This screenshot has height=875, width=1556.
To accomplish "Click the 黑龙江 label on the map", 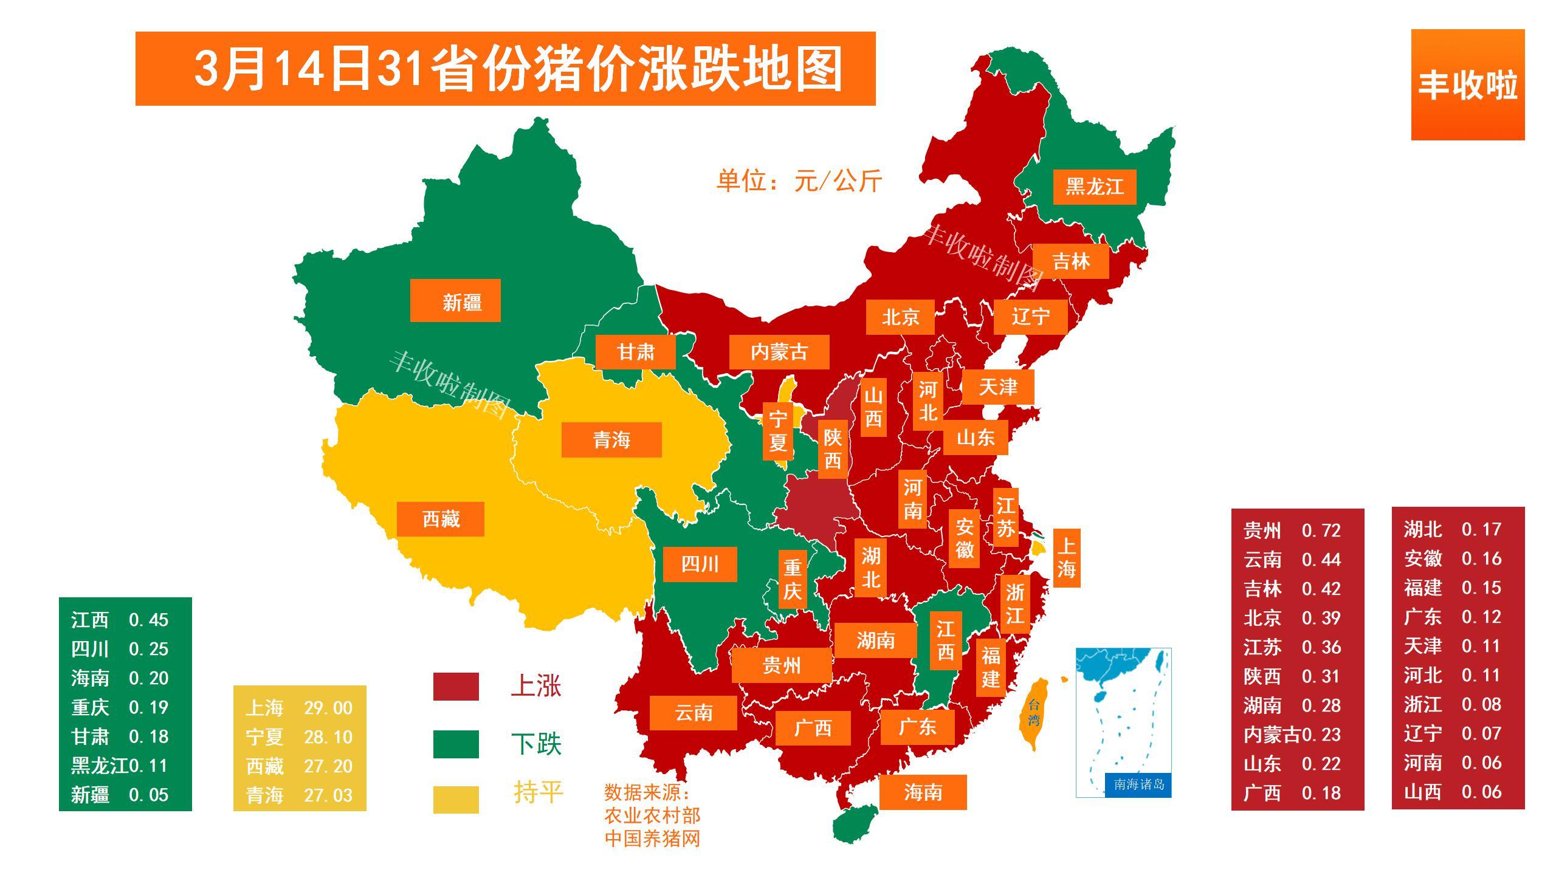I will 1094,187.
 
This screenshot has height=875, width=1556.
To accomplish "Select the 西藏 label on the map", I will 441,519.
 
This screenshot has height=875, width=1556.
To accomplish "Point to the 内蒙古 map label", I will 779,352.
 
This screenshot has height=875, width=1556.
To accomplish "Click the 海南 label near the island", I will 923,792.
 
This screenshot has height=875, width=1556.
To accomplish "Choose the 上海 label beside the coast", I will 1066,558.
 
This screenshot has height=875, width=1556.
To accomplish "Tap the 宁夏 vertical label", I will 778,431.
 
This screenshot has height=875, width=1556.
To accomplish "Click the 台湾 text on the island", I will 1034,713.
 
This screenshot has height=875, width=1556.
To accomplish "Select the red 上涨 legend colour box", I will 456,687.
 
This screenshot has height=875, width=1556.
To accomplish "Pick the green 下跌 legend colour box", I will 456,744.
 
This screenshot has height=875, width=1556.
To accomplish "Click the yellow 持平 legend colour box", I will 456,800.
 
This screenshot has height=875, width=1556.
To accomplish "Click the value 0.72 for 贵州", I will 1321,530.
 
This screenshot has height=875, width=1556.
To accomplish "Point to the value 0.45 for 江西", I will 148,620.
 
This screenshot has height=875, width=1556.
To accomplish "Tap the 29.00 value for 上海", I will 328,708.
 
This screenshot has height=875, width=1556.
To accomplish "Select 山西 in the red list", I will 1422,792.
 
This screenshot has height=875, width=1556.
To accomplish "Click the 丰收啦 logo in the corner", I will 1467,85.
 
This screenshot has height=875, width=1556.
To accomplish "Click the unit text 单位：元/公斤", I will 799,180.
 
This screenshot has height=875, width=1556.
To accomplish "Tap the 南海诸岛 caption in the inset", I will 1138,784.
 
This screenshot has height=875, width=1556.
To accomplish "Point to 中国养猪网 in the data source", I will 652,839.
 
